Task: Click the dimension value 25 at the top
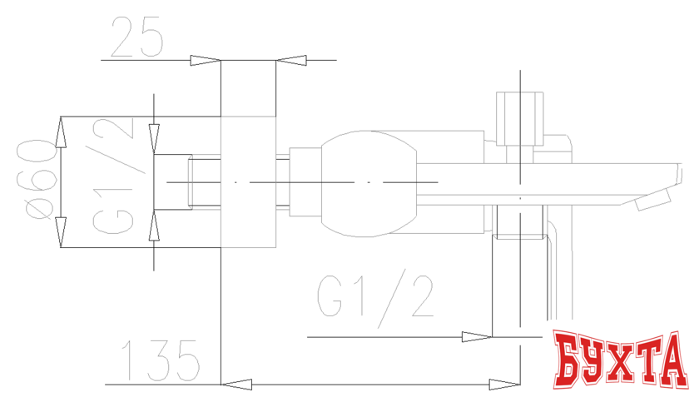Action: (x=136, y=38)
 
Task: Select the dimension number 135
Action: (x=160, y=361)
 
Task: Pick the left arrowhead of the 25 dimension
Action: (x=205, y=61)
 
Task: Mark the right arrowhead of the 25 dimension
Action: (x=290, y=61)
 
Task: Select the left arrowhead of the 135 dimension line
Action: (x=238, y=385)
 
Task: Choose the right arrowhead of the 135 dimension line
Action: (x=503, y=385)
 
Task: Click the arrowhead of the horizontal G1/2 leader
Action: (x=476, y=337)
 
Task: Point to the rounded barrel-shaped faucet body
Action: (x=364, y=183)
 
